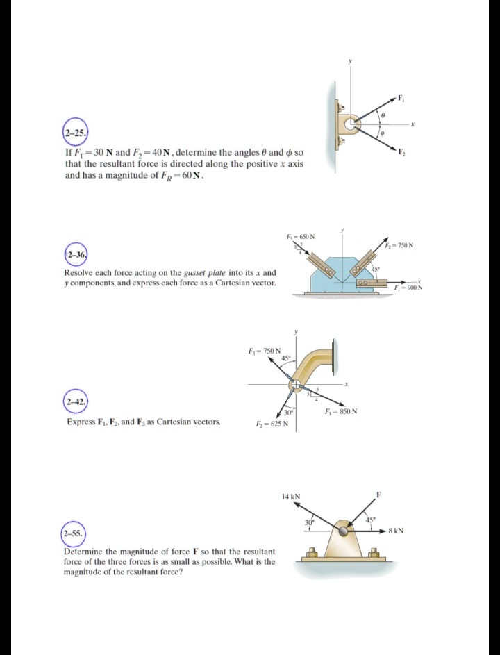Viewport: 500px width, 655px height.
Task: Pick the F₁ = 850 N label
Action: tap(341, 411)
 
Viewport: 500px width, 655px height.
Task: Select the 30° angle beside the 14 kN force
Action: tap(310, 522)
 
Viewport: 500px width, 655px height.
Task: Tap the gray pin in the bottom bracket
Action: tap(344, 532)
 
